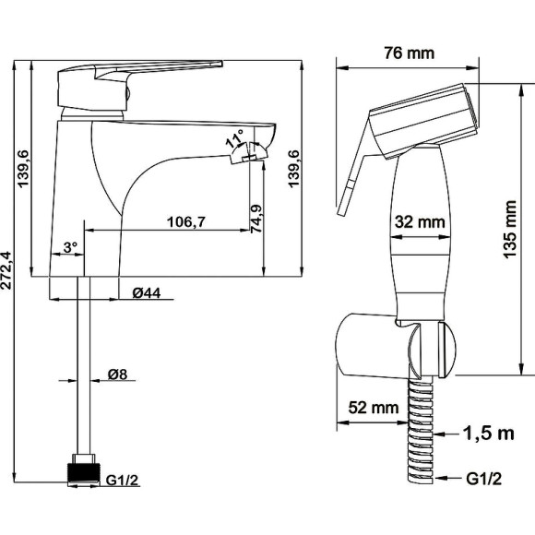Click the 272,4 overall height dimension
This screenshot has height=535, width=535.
tap(7, 270)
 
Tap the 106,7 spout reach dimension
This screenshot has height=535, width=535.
tap(186, 222)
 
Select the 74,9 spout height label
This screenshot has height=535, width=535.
tap(256, 219)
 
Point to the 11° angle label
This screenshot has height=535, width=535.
tap(235, 138)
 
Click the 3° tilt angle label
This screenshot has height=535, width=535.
tap(71, 247)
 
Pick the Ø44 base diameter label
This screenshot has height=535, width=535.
tap(147, 292)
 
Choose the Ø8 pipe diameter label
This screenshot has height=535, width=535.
tap(118, 374)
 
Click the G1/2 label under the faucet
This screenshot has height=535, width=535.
tap(122, 480)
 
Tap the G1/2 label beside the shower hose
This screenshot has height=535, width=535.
tap(484, 479)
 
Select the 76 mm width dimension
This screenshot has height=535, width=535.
tap(410, 53)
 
